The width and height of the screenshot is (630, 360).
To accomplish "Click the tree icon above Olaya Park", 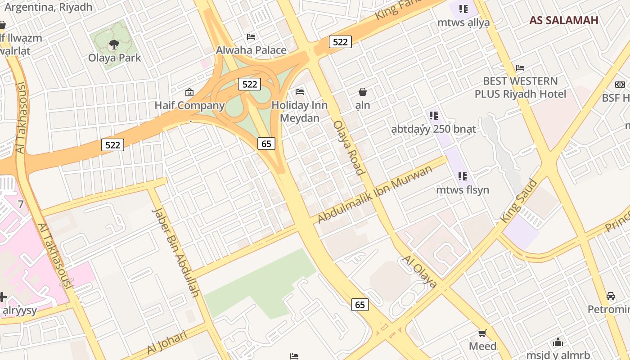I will [x=114, y=44].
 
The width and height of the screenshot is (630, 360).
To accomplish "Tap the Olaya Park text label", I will [x=114, y=58].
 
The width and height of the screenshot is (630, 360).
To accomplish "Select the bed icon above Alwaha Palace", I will [x=251, y=36].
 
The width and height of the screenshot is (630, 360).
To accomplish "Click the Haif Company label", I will [x=189, y=105].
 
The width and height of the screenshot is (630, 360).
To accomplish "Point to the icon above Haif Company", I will [x=189, y=92].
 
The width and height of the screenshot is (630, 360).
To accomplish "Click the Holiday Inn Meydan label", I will [x=300, y=112].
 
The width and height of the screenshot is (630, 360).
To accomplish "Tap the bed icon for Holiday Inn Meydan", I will [x=300, y=92].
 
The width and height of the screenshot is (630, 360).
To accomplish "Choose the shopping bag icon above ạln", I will [x=363, y=92].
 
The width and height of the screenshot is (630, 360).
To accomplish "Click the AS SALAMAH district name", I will [x=563, y=20].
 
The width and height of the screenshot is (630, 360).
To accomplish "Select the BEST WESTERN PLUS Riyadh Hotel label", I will [x=520, y=87].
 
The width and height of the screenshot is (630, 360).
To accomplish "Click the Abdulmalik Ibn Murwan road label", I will [x=374, y=194].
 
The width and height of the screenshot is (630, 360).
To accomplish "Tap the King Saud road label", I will [x=519, y=201].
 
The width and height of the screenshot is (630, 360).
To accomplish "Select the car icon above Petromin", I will [x=610, y=296].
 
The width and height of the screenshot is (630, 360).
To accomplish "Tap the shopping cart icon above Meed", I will [x=482, y=333].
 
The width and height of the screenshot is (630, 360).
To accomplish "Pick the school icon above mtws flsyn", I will [x=462, y=176].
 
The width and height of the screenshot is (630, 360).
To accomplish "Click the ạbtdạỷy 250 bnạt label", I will [x=433, y=129].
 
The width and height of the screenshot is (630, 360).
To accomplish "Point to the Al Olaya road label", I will [x=419, y=271].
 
